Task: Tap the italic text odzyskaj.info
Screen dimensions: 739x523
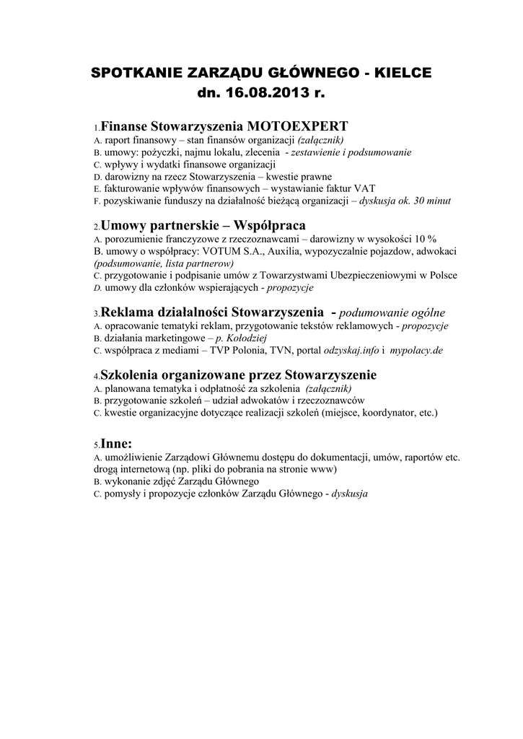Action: pyautogui.click(x=350, y=351)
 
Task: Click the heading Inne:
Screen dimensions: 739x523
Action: pyautogui.click(x=117, y=443)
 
